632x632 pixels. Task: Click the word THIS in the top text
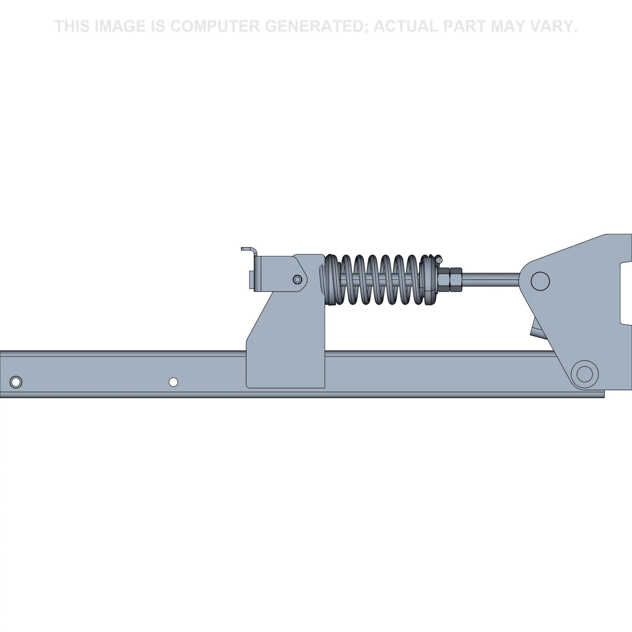point(73,27)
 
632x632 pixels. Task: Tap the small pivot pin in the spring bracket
point(297,279)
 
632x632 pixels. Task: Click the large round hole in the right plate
point(540,281)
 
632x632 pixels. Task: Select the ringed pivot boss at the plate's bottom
point(584,374)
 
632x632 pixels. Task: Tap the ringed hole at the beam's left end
point(16,382)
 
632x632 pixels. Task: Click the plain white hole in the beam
point(173,382)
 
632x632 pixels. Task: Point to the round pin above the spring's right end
point(439,259)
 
